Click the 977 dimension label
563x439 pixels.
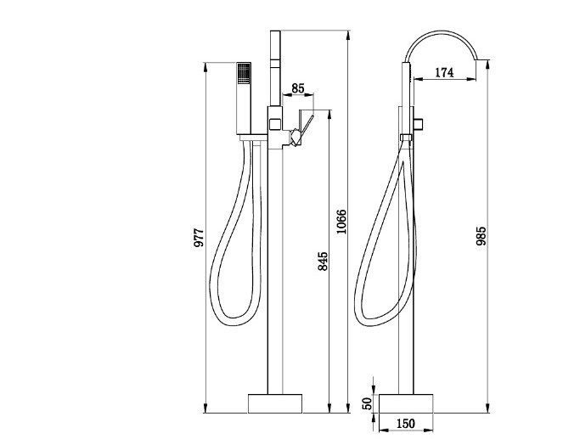coord(199,237)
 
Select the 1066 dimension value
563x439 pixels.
coord(341,222)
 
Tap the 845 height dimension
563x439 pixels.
coord(323,261)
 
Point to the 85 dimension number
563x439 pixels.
coord(298,88)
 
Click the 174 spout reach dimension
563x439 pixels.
coord(444,72)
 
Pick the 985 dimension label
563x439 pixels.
coord(481,235)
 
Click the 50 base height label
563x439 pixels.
coord(367,403)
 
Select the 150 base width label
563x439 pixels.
coord(405,424)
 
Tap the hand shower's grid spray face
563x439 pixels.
coord(244,74)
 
